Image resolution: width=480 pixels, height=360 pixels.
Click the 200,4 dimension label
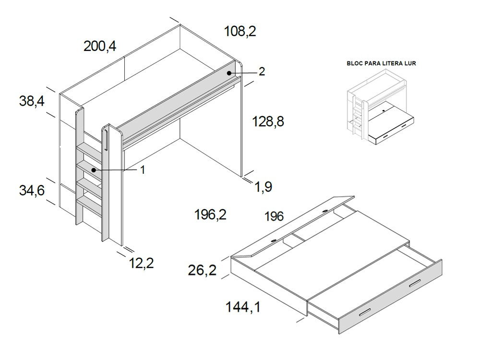click(100, 47)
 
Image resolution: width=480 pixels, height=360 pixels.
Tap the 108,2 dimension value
click(240, 32)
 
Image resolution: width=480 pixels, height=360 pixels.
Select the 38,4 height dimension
click(32, 101)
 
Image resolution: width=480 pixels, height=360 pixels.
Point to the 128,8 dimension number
click(268, 122)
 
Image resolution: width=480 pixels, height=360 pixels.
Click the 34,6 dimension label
click(32, 191)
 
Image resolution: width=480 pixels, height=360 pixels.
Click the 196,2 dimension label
click(210, 215)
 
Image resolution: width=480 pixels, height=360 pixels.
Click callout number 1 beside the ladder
click(143, 169)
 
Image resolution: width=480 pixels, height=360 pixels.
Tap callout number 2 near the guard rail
click(262, 72)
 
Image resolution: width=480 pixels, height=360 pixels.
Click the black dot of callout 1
click(94, 169)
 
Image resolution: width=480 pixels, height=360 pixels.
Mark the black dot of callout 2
click(230, 73)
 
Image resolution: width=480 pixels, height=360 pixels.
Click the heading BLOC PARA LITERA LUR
click(381, 63)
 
